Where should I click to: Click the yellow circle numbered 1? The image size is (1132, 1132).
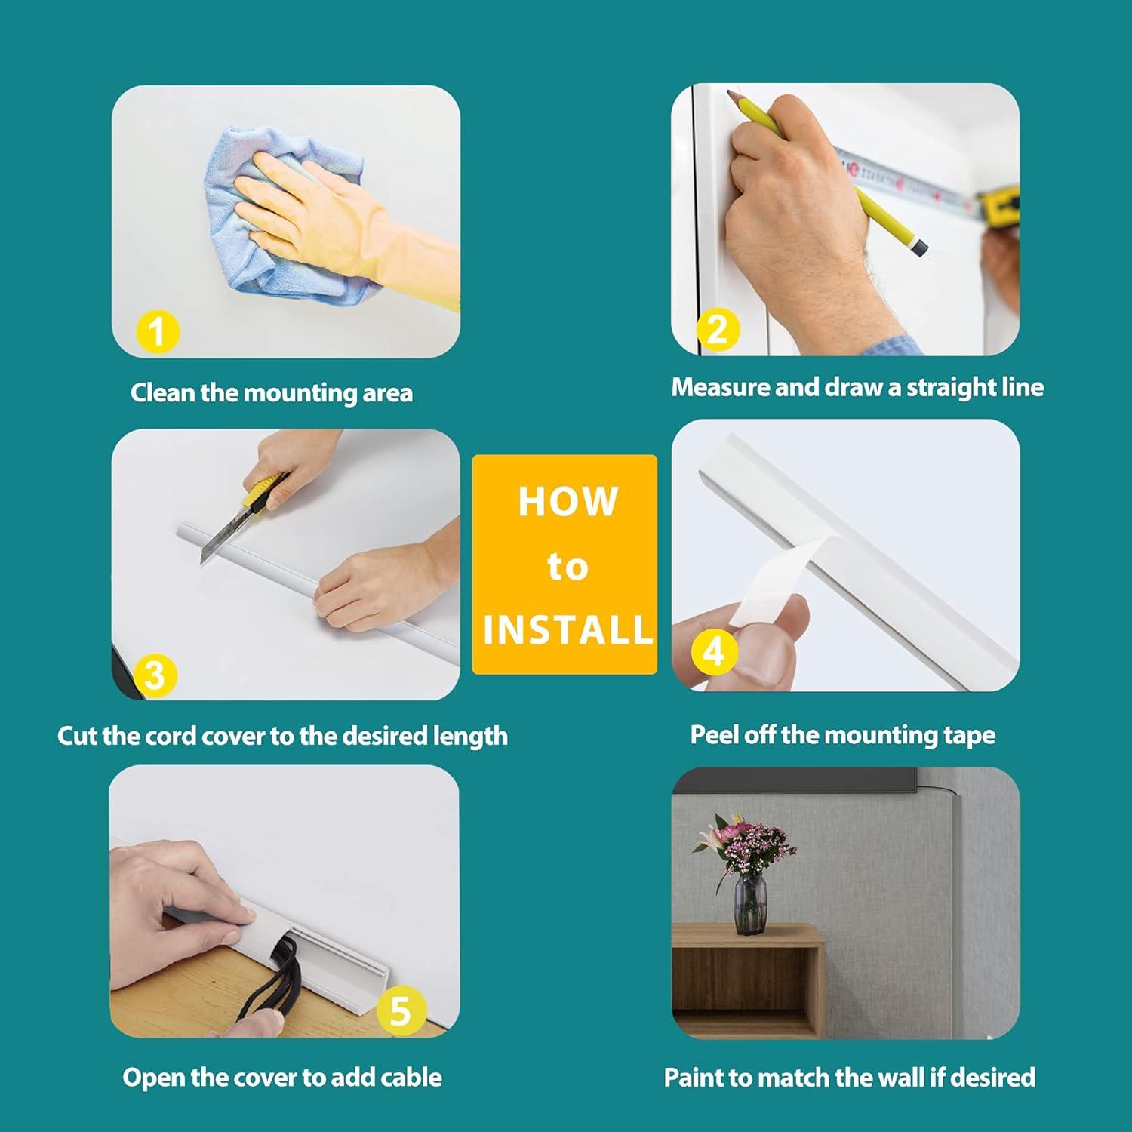tap(157, 332)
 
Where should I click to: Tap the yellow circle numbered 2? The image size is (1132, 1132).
tap(718, 329)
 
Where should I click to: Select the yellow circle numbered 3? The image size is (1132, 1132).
tap(154, 674)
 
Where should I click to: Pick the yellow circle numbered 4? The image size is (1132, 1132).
tap(714, 651)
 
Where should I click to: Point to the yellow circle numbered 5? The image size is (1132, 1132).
tap(400, 1010)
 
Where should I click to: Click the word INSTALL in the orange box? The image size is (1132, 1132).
tap(568, 630)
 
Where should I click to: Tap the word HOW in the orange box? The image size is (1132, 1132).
tap(568, 502)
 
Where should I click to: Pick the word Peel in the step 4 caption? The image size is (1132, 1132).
tap(714, 734)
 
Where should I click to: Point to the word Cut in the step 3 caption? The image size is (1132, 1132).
tap(77, 736)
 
